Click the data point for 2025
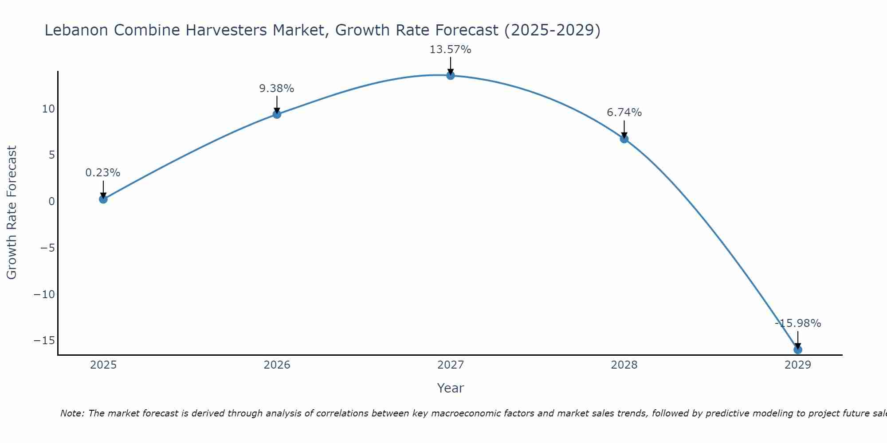(x=103, y=199)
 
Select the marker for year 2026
(x=277, y=114)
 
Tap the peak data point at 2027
(x=451, y=75)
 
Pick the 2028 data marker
(x=624, y=139)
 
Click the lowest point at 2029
(x=798, y=350)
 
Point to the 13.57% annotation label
(x=450, y=50)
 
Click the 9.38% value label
(x=276, y=89)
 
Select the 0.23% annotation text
(x=103, y=173)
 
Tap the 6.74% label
(x=624, y=113)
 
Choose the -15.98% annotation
(x=798, y=323)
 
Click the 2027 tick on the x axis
(x=451, y=365)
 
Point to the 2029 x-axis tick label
(x=798, y=365)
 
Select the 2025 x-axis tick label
(x=103, y=365)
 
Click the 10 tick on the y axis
(x=48, y=109)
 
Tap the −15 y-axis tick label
(x=44, y=341)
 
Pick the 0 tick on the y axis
(x=52, y=202)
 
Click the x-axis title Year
(x=450, y=388)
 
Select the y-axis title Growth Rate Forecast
(x=12, y=213)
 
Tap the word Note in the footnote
(x=71, y=413)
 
